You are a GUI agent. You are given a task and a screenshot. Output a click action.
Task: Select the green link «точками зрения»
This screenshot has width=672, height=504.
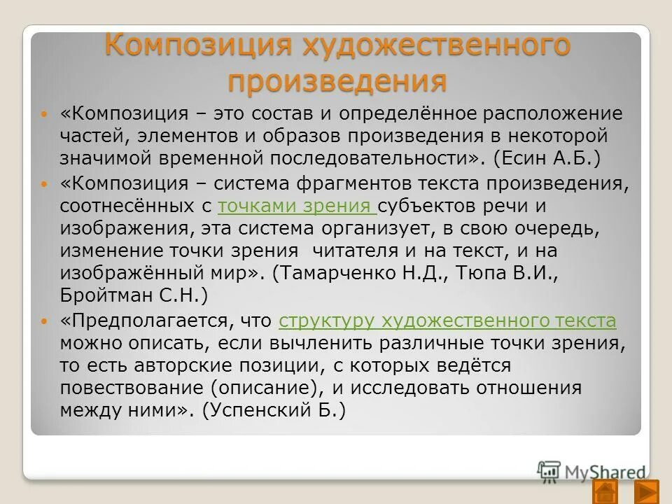coord(297,206)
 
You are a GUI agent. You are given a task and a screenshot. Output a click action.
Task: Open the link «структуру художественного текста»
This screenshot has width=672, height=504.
coord(447,321)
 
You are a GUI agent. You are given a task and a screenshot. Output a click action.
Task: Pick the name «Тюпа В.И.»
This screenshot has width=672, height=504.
coord(517,273)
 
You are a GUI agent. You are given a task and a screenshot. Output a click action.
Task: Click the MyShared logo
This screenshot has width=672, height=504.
coord(591,470)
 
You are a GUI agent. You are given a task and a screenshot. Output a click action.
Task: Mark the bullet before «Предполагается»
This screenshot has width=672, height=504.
coord(46,322)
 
